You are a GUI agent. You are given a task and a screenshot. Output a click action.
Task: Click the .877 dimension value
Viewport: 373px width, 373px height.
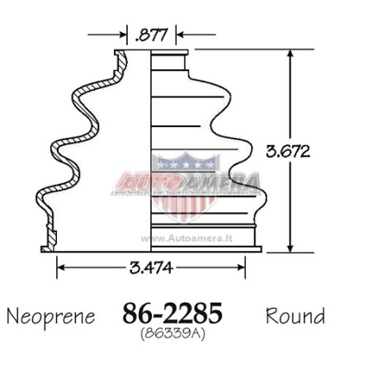(151, 35)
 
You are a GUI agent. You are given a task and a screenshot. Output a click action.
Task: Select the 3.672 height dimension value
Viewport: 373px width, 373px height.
(288, 151)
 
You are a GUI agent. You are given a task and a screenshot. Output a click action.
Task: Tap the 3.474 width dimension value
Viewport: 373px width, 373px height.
(151, 267)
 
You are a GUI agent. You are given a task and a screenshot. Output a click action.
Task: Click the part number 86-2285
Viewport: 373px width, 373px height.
(172, 314)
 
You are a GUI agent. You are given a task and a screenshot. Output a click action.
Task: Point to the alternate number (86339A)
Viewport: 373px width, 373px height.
(172, 333)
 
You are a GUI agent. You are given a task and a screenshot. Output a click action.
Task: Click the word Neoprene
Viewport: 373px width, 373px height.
(51, 317)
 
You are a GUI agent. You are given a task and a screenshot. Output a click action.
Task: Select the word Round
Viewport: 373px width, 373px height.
(295, 316)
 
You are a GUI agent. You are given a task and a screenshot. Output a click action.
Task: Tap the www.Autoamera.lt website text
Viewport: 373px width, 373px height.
(186, 238)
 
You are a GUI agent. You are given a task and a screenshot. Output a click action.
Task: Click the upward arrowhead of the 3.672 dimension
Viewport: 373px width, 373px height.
(290, 54)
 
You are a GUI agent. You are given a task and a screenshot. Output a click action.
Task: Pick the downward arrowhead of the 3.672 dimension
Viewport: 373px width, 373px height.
(290, 248)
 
